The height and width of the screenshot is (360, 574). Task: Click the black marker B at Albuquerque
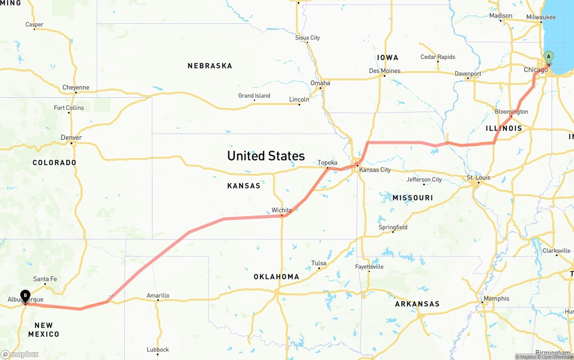(x=26, y=296)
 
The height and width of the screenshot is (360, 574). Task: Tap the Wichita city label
(x=282, y=210)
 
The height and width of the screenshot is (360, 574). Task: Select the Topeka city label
(x=327, y=163)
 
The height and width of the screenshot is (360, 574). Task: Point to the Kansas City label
(x=375, y=170)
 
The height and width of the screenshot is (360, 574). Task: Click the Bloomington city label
(x=512, y=112)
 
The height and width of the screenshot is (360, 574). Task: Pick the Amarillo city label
(x=158, y=295)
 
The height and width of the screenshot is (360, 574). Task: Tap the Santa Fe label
(x=45, y=279)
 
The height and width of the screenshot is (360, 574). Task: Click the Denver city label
(x=71, y=138)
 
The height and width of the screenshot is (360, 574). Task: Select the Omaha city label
(x=320, y=83)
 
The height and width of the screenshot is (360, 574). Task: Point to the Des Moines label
(x=384, y=71)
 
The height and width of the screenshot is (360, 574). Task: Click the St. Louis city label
(x=478, y=178)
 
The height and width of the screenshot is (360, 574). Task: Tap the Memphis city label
(x=496, y=299)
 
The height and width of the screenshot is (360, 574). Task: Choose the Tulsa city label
(x=319, y=263)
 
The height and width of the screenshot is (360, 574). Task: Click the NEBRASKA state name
(x=210, y=66)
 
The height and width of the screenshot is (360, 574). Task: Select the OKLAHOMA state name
(x=276, y=277)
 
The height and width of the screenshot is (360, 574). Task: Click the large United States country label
(x=266, y=156)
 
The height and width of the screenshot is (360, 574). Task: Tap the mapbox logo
(x=20, y=354)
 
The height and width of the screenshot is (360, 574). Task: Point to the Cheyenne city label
(x=76, y=87)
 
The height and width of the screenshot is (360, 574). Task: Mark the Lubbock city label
(x=158, y=350)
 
